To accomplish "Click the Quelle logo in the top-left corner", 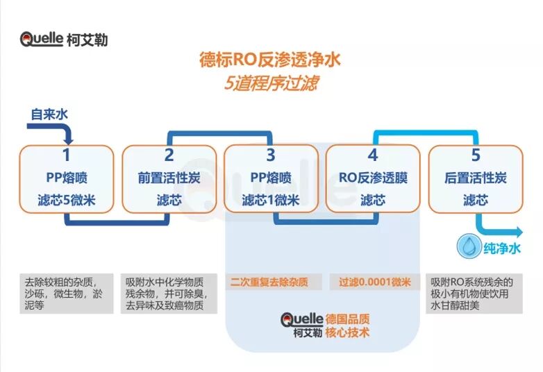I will point(63,39).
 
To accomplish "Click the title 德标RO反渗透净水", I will point(270,60).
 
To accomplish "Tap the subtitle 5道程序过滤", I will point(271,83).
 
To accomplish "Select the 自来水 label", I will point(49,114).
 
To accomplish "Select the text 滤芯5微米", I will point(67,201).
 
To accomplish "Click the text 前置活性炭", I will point(169,178).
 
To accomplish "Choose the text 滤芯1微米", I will point(271,201).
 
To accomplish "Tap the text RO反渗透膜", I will point(373,178).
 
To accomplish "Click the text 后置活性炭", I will point(476,178).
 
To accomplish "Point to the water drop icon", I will point(466,247).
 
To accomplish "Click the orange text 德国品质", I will point(347,319).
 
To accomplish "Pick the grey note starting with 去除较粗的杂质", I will point(67,294).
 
